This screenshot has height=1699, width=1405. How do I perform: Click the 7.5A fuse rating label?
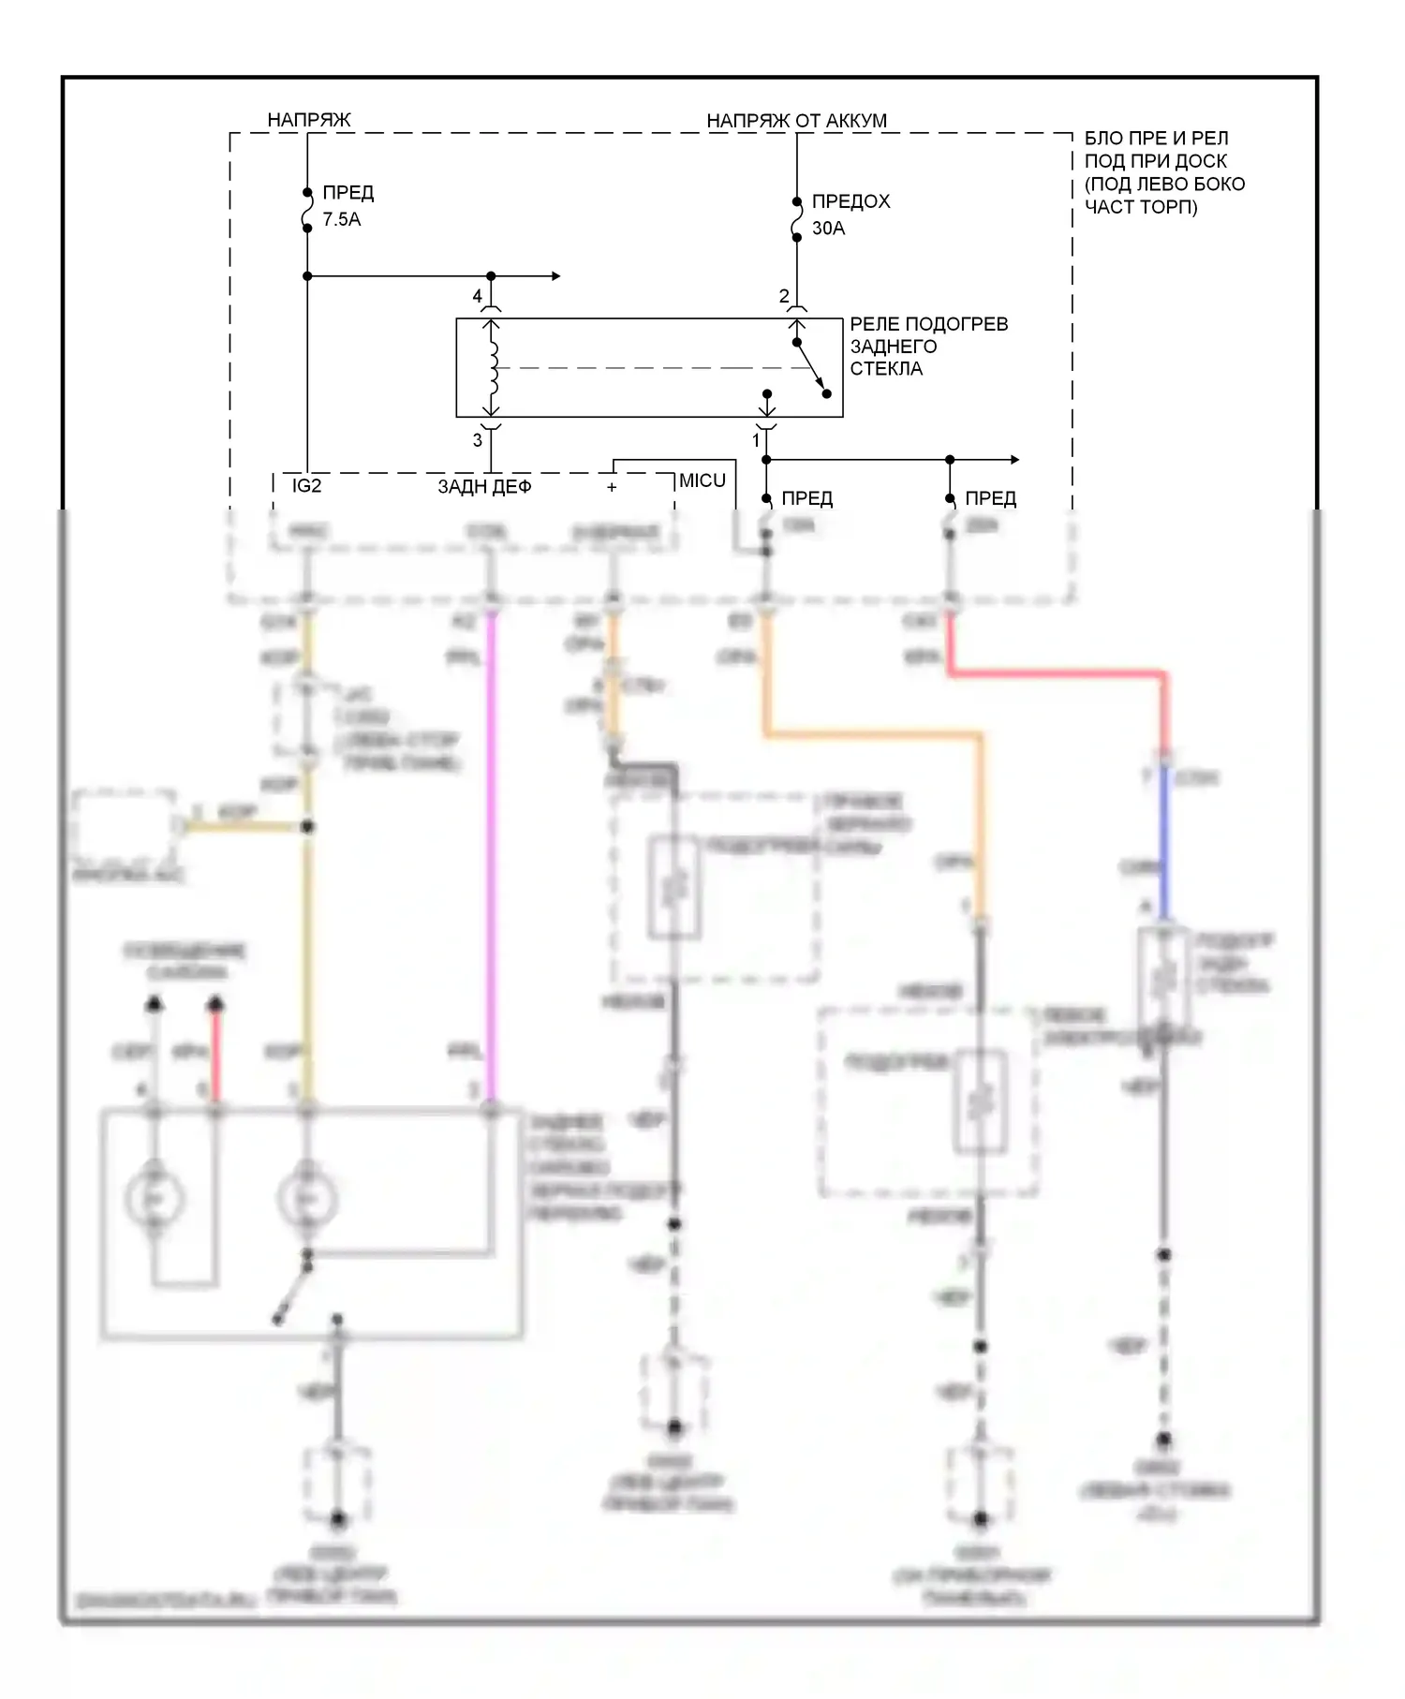341,219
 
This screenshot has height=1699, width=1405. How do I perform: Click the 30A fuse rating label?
828,228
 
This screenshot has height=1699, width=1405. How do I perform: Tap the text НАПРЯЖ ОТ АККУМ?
796,121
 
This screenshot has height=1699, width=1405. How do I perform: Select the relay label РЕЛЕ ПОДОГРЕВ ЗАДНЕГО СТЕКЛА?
927,346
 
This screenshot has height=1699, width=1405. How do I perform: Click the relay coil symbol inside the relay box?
493,367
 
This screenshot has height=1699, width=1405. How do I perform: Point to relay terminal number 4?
477,296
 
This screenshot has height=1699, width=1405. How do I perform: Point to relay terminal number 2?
784,296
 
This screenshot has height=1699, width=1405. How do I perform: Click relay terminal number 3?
477,439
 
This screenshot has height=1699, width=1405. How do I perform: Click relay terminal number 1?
756,439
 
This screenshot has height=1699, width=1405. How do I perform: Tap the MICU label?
702,480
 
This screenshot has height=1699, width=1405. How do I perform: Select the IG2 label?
306,485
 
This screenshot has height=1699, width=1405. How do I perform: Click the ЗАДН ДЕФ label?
484,486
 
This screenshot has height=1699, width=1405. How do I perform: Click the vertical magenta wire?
490,843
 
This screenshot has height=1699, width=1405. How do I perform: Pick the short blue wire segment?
1164,843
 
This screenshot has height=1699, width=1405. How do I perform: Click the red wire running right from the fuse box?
1058,672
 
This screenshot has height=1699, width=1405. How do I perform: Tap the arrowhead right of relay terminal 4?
555,275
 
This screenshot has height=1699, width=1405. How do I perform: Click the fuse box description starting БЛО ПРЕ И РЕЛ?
1163,172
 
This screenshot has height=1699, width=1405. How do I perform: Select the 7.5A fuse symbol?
307,211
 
